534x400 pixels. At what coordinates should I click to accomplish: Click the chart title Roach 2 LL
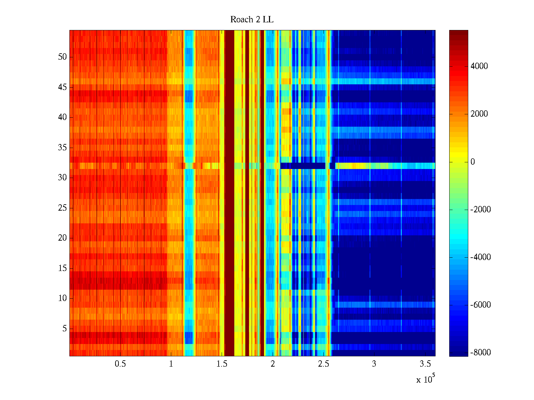pos(252,20)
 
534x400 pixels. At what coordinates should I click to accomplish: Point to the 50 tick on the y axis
pos(62,57)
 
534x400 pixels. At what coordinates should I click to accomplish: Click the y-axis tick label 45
pos(62,87)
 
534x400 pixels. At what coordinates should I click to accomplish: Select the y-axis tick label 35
pos(62,148)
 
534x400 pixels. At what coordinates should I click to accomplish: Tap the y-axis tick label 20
pos(62,238)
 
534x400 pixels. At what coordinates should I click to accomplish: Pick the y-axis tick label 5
pos(64,329)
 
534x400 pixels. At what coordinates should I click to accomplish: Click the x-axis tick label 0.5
pos(120,364)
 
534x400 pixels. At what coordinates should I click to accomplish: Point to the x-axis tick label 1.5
pos(222,364)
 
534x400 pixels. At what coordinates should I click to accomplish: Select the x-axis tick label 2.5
pos(323,364)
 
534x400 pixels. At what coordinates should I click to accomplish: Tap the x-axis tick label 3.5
pos(425,364)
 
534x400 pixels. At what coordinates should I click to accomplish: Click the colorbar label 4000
pos(479,66)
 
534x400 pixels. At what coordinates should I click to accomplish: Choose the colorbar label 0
pos(473,162)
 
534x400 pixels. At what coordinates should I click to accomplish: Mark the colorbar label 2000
pos(479,114)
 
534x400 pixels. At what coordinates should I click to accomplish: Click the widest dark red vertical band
pos(229,193)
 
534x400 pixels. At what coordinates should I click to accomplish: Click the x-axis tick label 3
pos(374,364)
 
